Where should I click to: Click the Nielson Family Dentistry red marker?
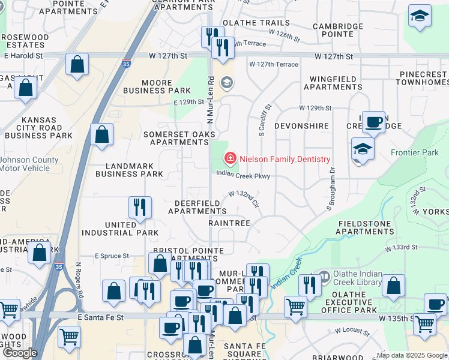pos(229,158)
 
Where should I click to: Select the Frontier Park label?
pos(415,153)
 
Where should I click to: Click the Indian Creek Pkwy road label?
pos(244,176)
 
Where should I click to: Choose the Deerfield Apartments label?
pos(197,207)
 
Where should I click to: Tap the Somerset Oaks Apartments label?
pos(179,138)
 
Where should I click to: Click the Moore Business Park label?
pos(149,86)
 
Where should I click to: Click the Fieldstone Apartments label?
pos(366,227)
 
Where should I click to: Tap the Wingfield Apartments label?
pos(333,83)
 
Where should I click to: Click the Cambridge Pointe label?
pos(338,31)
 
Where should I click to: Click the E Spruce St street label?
pos(112,256)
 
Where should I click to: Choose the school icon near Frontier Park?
pos(363,149)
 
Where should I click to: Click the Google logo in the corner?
pos(20,353)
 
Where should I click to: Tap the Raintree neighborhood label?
pos(229,223)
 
